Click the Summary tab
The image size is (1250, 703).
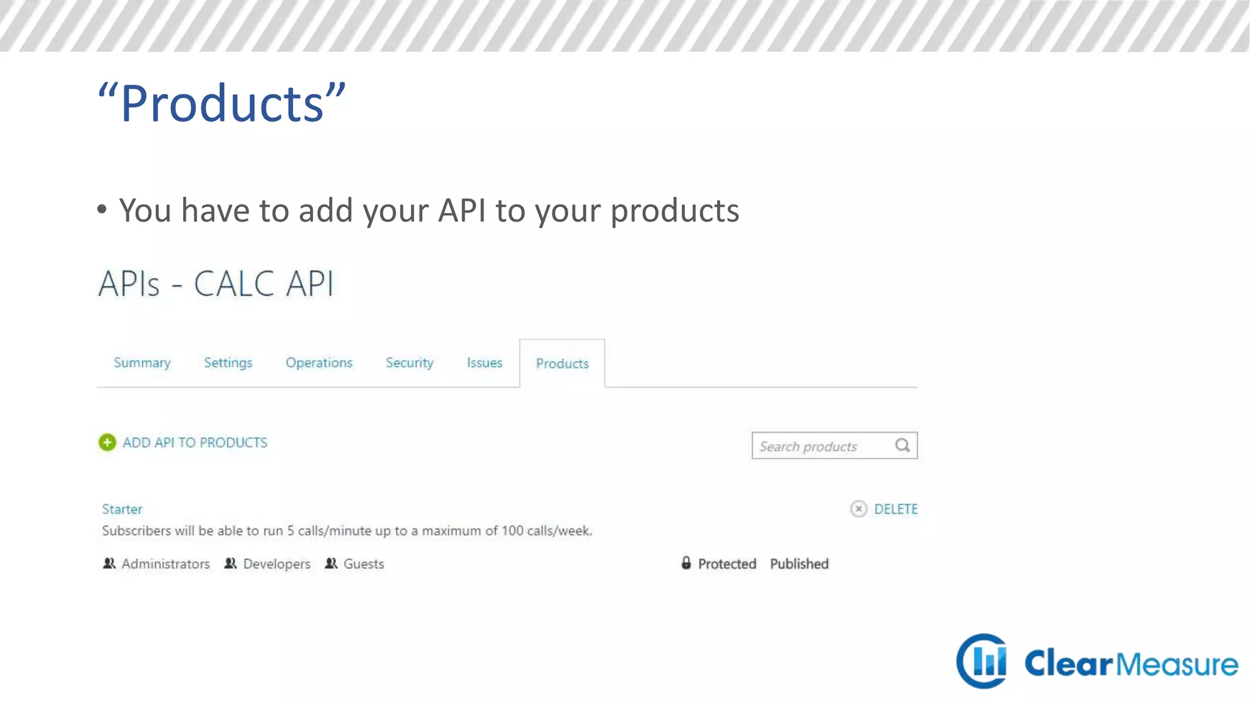(x=142, y=363)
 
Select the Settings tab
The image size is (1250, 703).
(x=228, y=363)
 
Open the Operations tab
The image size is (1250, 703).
(x=319, y=363)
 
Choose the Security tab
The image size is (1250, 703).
(x=409, y=363)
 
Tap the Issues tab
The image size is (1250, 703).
(x=485, y=363)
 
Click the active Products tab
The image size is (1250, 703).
(x=562, y=364)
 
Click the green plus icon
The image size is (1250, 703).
(x=107, y=442)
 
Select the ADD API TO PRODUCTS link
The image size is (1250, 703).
(x=195, y=442)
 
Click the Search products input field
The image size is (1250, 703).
(x=821, y=446)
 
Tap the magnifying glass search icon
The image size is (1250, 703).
(x=903, y=445)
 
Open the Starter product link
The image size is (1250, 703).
(x=122, y=509)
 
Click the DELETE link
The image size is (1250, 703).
(x=895, y=509)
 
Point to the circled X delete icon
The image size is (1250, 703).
(x=858, y=509)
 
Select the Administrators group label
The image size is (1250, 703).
(x=165, y=564)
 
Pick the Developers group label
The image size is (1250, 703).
(x=276, y=564)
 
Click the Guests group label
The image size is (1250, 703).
(x=363, y=564)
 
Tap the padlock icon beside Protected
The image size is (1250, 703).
(x=686, y=563)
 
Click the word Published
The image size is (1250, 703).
(x=799, y=564)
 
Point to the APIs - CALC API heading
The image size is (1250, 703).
(x=216, y=284)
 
